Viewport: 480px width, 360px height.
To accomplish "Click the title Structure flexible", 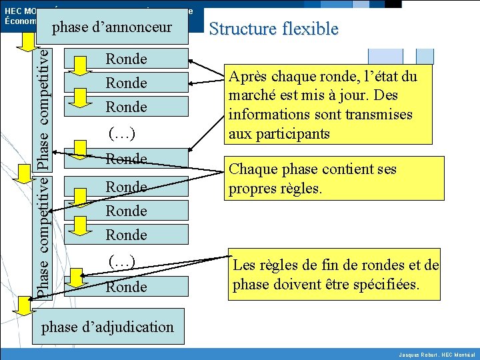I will point(273,29).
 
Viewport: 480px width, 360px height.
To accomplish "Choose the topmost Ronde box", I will point(127,59).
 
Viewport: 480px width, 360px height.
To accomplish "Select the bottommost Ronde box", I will point(127,287).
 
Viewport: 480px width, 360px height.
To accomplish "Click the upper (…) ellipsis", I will point(122,134).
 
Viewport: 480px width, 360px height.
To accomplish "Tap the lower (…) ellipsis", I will point(122,262).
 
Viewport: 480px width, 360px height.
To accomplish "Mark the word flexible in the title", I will point(310,29).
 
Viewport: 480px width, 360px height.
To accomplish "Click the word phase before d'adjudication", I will point(59,327).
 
